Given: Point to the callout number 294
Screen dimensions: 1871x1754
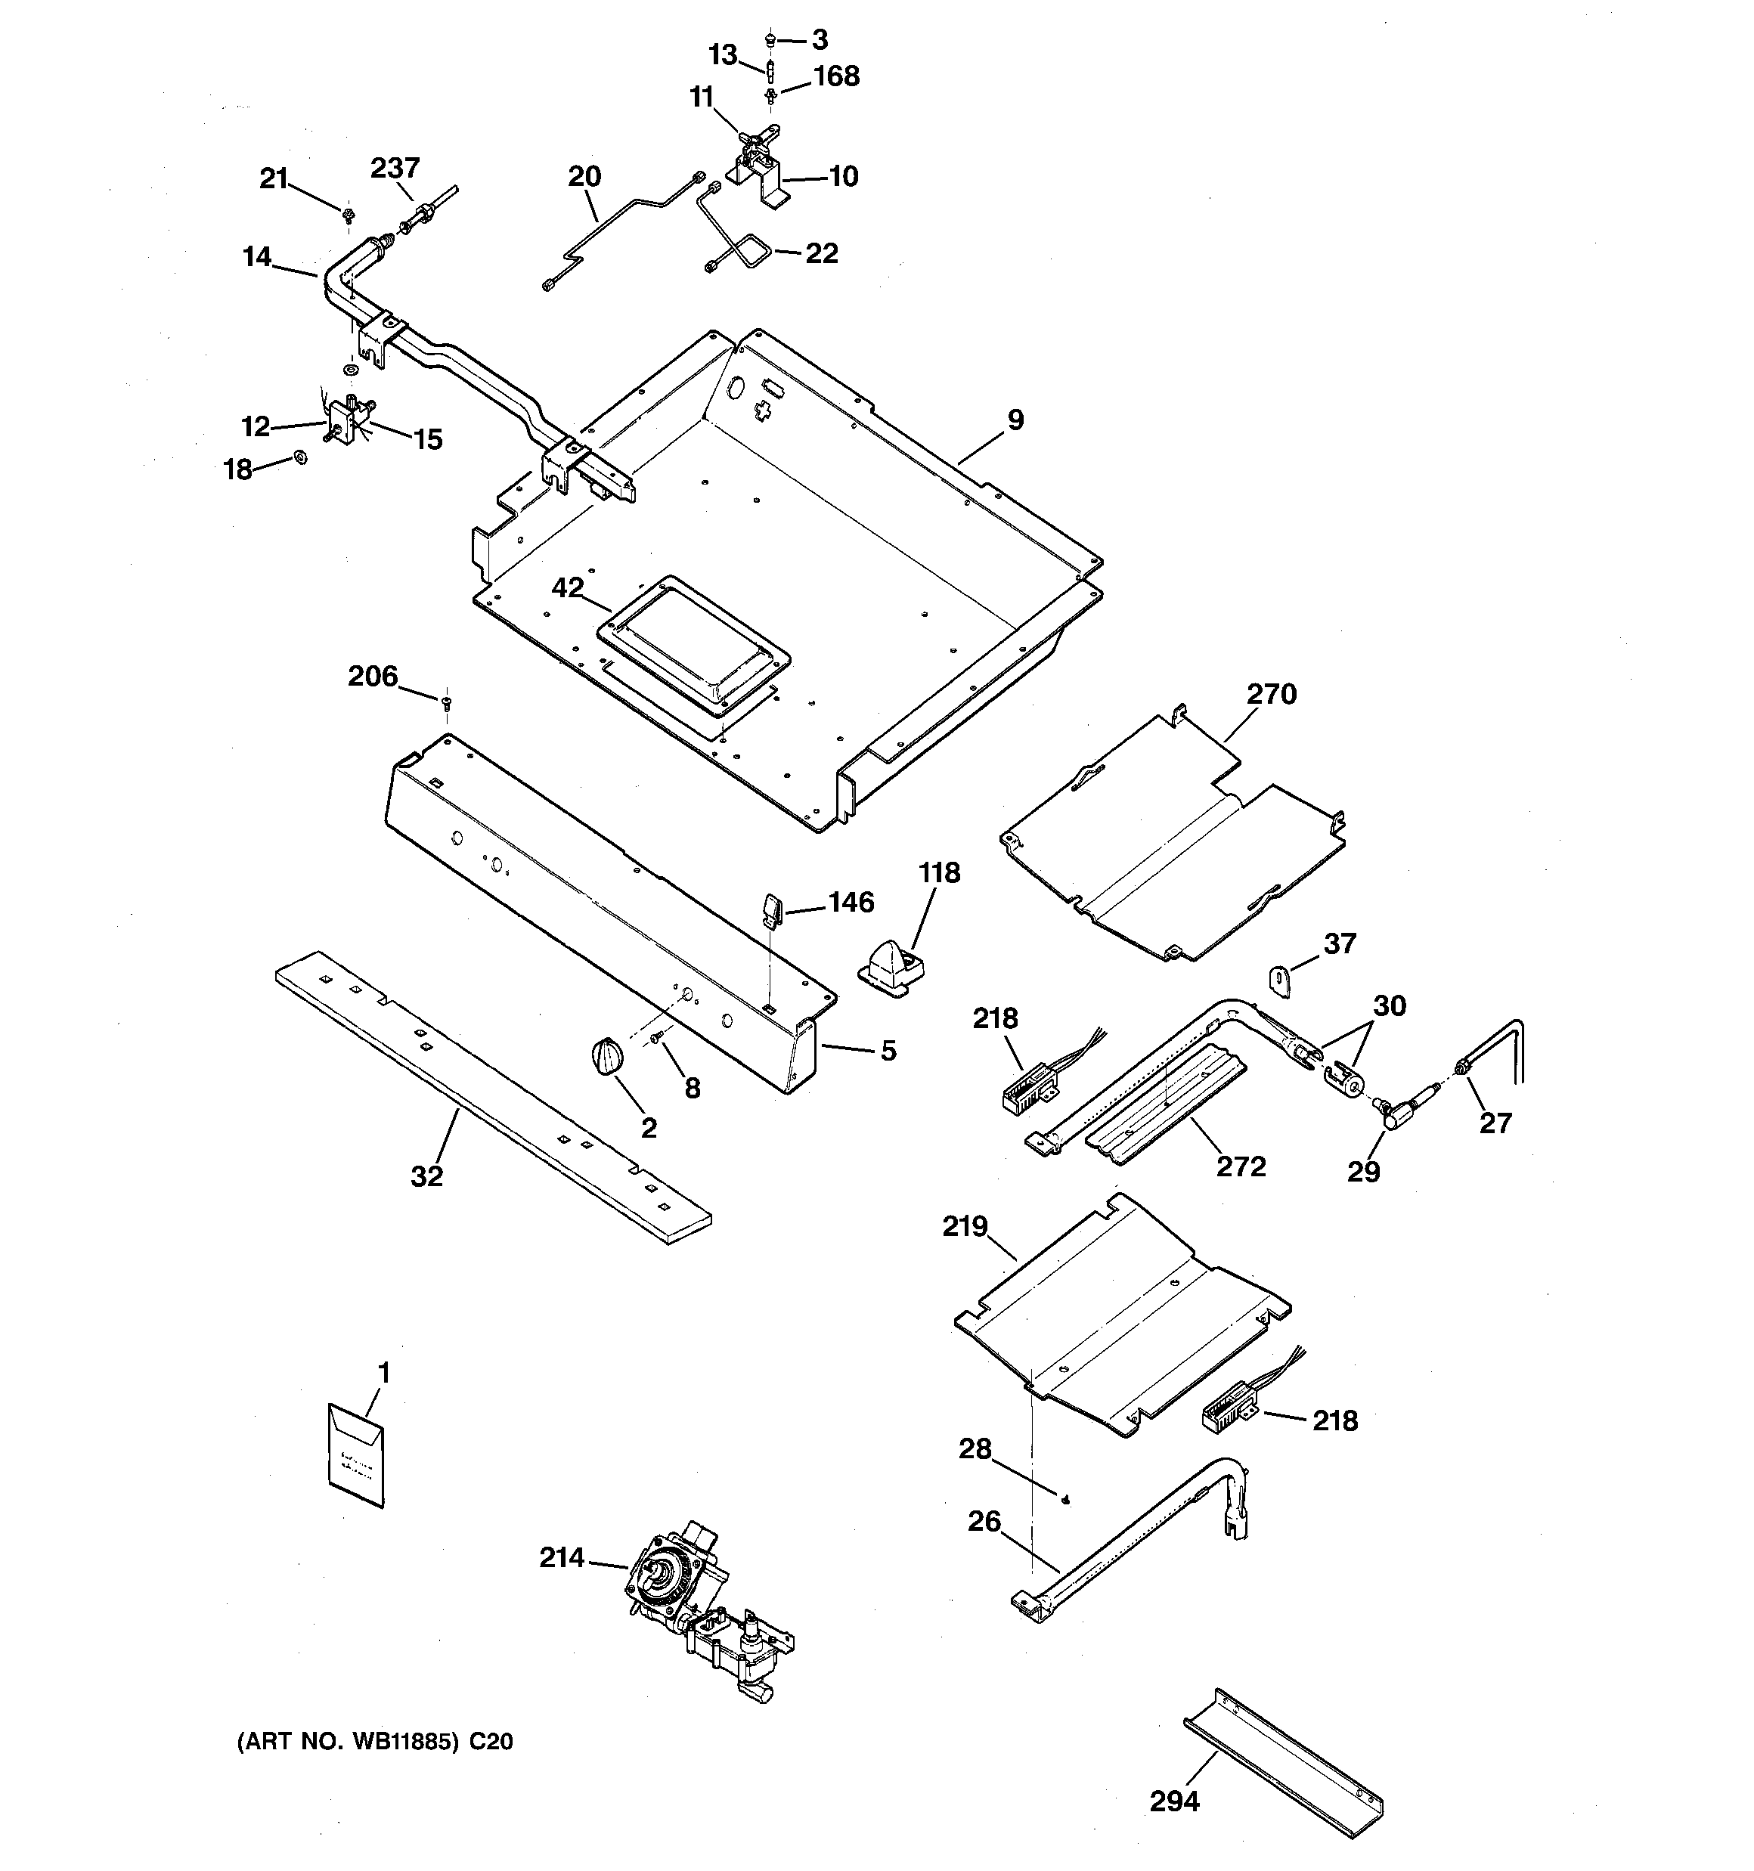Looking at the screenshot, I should coord(1174,1801).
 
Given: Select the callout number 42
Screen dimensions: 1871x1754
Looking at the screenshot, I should coord(568,588).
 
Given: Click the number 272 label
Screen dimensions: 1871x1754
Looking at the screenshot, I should coord(1240,1166).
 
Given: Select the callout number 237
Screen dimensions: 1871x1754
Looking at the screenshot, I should coord(395,168).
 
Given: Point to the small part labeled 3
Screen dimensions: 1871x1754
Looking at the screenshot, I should coord(770,39).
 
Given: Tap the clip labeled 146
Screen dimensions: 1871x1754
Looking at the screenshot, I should coord(772,910).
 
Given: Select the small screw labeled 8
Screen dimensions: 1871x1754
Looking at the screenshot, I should coord(657,1037).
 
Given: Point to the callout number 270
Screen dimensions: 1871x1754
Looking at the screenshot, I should coord(1271,695).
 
